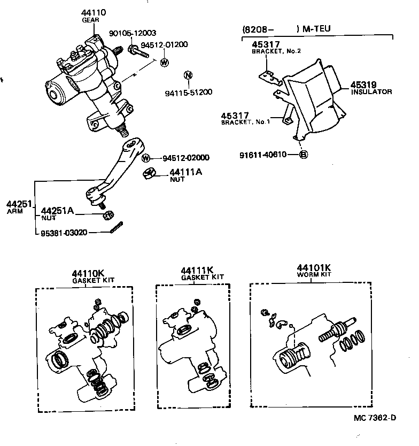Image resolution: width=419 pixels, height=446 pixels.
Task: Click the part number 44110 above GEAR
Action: click(x=95, y=12)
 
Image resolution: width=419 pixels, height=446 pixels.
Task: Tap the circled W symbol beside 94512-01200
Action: click(x=164, y=63)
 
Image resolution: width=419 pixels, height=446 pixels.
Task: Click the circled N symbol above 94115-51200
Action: click(x=188, y=75)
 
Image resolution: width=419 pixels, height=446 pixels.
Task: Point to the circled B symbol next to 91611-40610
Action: click(x=302, y=155)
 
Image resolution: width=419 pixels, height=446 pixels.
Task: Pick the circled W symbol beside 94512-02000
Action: click(x=146, y=158)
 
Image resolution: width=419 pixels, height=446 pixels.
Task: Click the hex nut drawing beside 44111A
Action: click(x=150, y=174)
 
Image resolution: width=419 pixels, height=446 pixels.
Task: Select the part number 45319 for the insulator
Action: click(x=364, y=84)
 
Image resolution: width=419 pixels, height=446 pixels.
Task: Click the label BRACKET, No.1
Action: click(x=245, y=123)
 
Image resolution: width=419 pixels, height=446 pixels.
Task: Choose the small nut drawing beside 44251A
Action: click(x=106, y=215)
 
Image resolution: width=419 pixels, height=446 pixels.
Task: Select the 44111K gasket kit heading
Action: click(x=197, y=270)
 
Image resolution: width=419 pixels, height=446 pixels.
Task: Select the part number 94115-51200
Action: click(x=188, y=92)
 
